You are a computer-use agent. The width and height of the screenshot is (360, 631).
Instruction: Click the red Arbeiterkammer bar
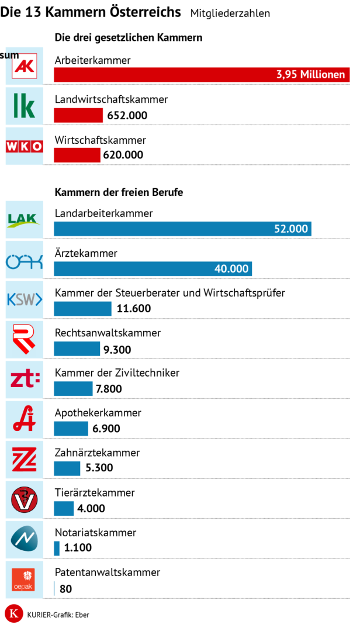click(x=201, y=75)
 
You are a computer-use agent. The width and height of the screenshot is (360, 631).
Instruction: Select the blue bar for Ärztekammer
click(x=153, y=269)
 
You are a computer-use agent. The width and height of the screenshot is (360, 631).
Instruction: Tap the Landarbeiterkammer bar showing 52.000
click(x=182, y=229)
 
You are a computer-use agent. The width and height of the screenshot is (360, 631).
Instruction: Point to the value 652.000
click(x=127, y=115)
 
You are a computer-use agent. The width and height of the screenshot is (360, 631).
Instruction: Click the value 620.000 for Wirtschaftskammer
click(x=123, y=155)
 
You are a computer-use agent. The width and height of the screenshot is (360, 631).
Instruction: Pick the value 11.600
click(x=134, y=309)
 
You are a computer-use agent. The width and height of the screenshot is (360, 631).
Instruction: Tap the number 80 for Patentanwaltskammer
click(x=65, y=588)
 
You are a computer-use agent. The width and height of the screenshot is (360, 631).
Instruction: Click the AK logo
click(x=25, y=66)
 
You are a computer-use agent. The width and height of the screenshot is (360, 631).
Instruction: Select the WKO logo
click(x=25, y=147)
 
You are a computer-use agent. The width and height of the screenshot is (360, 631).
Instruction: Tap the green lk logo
click(x=25, y=106)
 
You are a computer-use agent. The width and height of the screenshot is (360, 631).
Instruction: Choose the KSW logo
click(x=25, y=300)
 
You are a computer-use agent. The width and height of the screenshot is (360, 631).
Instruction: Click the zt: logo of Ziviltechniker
click(x=25, y=380)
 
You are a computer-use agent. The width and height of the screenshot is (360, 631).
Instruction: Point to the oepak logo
click(x=25, y=579)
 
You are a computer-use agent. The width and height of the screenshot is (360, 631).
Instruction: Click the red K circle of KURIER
click(x=13, y=614)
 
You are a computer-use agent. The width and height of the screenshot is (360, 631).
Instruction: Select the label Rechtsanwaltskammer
click(x=108, y=333)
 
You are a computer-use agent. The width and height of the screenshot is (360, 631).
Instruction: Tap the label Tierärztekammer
click(x=95, y=492)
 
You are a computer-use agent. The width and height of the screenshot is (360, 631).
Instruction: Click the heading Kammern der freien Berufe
click(x=119, y=192)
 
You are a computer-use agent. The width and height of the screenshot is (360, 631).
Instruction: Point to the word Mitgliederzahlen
click(x=230, y=13)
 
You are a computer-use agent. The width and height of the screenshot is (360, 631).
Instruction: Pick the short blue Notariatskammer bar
click(x=57, y=548)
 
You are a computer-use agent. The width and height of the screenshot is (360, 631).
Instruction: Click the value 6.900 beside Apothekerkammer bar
click(x=106, y=429)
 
